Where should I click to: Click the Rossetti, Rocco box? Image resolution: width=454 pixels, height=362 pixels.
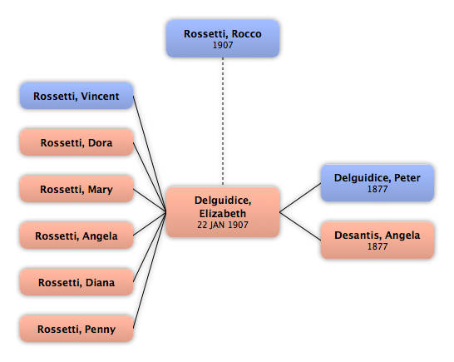click(223, 38)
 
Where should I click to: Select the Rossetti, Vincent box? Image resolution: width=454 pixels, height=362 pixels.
click(76, 96)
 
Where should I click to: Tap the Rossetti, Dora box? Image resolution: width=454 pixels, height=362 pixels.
click(76, 142)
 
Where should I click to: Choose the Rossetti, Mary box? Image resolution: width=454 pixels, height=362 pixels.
click(76, 189)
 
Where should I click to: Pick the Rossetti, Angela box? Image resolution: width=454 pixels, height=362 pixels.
click(76, 236)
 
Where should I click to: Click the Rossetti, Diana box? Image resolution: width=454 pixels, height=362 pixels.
click(76, 282)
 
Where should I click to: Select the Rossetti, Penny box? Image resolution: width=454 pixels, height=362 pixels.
click(76, 329)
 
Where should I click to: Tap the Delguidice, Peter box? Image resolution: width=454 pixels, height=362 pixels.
click(378, 183)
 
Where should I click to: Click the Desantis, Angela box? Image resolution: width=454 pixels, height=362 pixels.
click(378, 241)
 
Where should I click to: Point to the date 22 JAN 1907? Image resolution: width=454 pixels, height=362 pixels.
click(223, 225)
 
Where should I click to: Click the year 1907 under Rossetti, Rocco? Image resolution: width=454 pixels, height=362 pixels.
click(223, 45)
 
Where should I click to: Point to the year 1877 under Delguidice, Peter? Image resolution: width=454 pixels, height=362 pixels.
click(378, 189)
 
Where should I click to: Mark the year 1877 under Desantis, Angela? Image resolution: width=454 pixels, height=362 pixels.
click(378, 246)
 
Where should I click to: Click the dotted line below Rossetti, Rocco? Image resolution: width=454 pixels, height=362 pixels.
click(223, 121)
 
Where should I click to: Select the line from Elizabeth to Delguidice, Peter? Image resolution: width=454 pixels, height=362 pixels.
click(300, 198)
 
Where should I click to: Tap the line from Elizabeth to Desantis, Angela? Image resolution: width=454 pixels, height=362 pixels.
click(300, 226)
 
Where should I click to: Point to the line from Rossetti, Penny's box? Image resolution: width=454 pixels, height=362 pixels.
click(150, 270)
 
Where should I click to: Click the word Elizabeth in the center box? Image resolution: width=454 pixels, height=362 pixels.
click(223, 214)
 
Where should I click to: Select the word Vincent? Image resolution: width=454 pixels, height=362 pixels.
click(100, 97)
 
